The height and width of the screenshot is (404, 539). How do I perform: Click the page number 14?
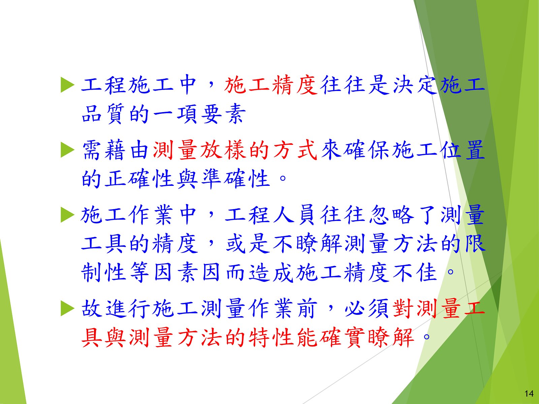tap(529, 394)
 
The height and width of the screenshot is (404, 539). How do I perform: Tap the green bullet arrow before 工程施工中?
tap(67, 85)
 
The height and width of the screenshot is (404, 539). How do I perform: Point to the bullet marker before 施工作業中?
tap(67, 215)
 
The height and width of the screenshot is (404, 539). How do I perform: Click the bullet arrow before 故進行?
tap(67, 309)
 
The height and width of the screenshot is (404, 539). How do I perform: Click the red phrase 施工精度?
tap(271, 85)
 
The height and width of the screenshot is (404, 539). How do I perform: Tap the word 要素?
tap(223, 113)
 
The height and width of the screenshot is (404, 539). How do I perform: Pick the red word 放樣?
tap(223, 150)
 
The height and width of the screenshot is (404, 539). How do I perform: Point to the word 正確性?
tap(139, 178)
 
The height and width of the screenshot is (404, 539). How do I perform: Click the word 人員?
tap(295, 215)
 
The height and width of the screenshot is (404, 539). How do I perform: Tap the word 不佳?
tap(415, 272)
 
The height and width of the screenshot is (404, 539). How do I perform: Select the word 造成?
tap(271, 272)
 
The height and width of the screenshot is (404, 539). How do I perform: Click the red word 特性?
tap(271, 338)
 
